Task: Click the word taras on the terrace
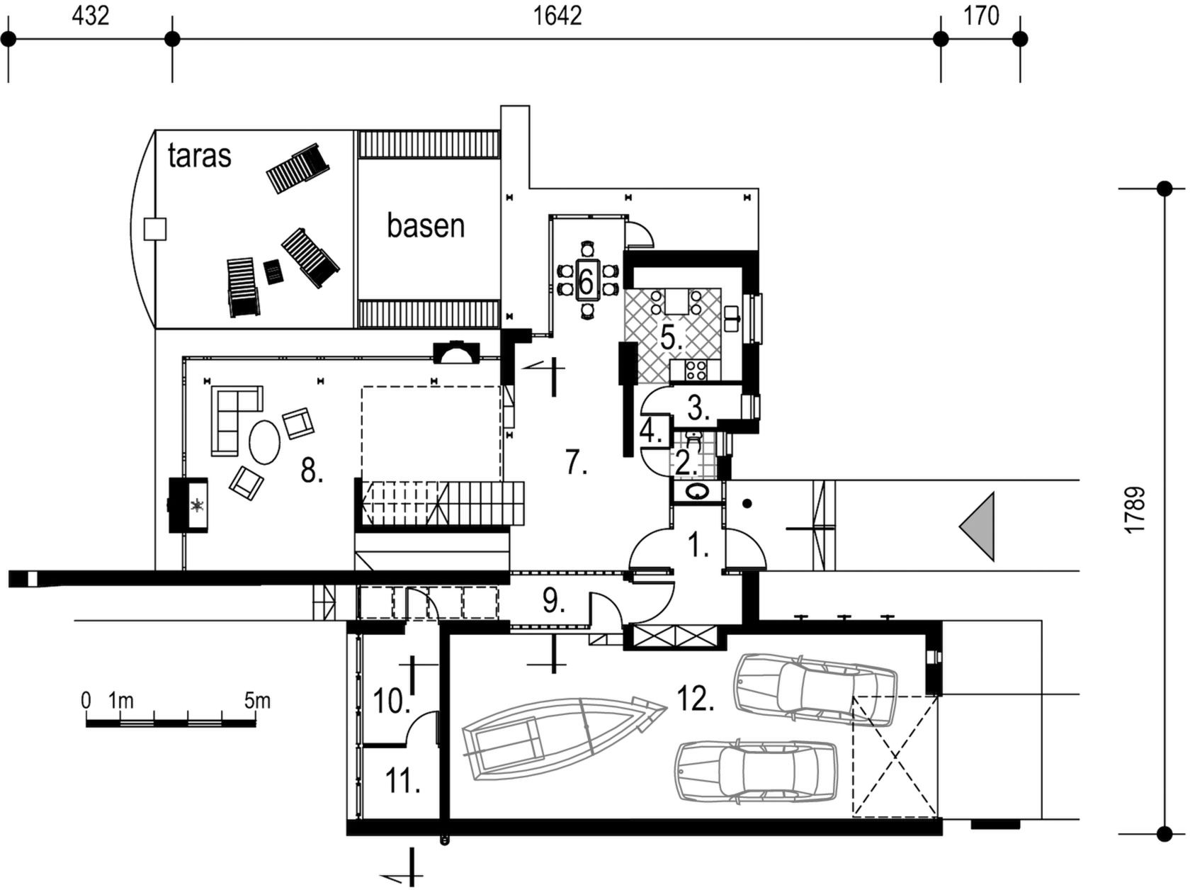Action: click(x=200, y=156)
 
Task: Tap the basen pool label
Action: click(x=426, y=225)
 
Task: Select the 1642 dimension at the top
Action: click(x=557, y=16)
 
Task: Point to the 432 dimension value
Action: click(x=91, y=16)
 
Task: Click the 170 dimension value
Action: click(x=981, y=16)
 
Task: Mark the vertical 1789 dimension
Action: click(x=1135, y=510)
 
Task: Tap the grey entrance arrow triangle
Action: click(x=977, y=526)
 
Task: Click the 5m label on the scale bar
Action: click(x=257, y=701)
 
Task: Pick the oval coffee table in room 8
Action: click(x=265, y=443)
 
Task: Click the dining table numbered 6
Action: click(x=586, y=280)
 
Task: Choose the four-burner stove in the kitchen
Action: click(x=696, y=371)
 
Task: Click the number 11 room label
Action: click(x=402, y=781)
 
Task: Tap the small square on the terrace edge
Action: click(x=155, y=229)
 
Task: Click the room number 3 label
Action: click(x=698, y=408)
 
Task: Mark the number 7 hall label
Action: click(x=577, y=462)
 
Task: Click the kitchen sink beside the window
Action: click(x=732, y=319)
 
